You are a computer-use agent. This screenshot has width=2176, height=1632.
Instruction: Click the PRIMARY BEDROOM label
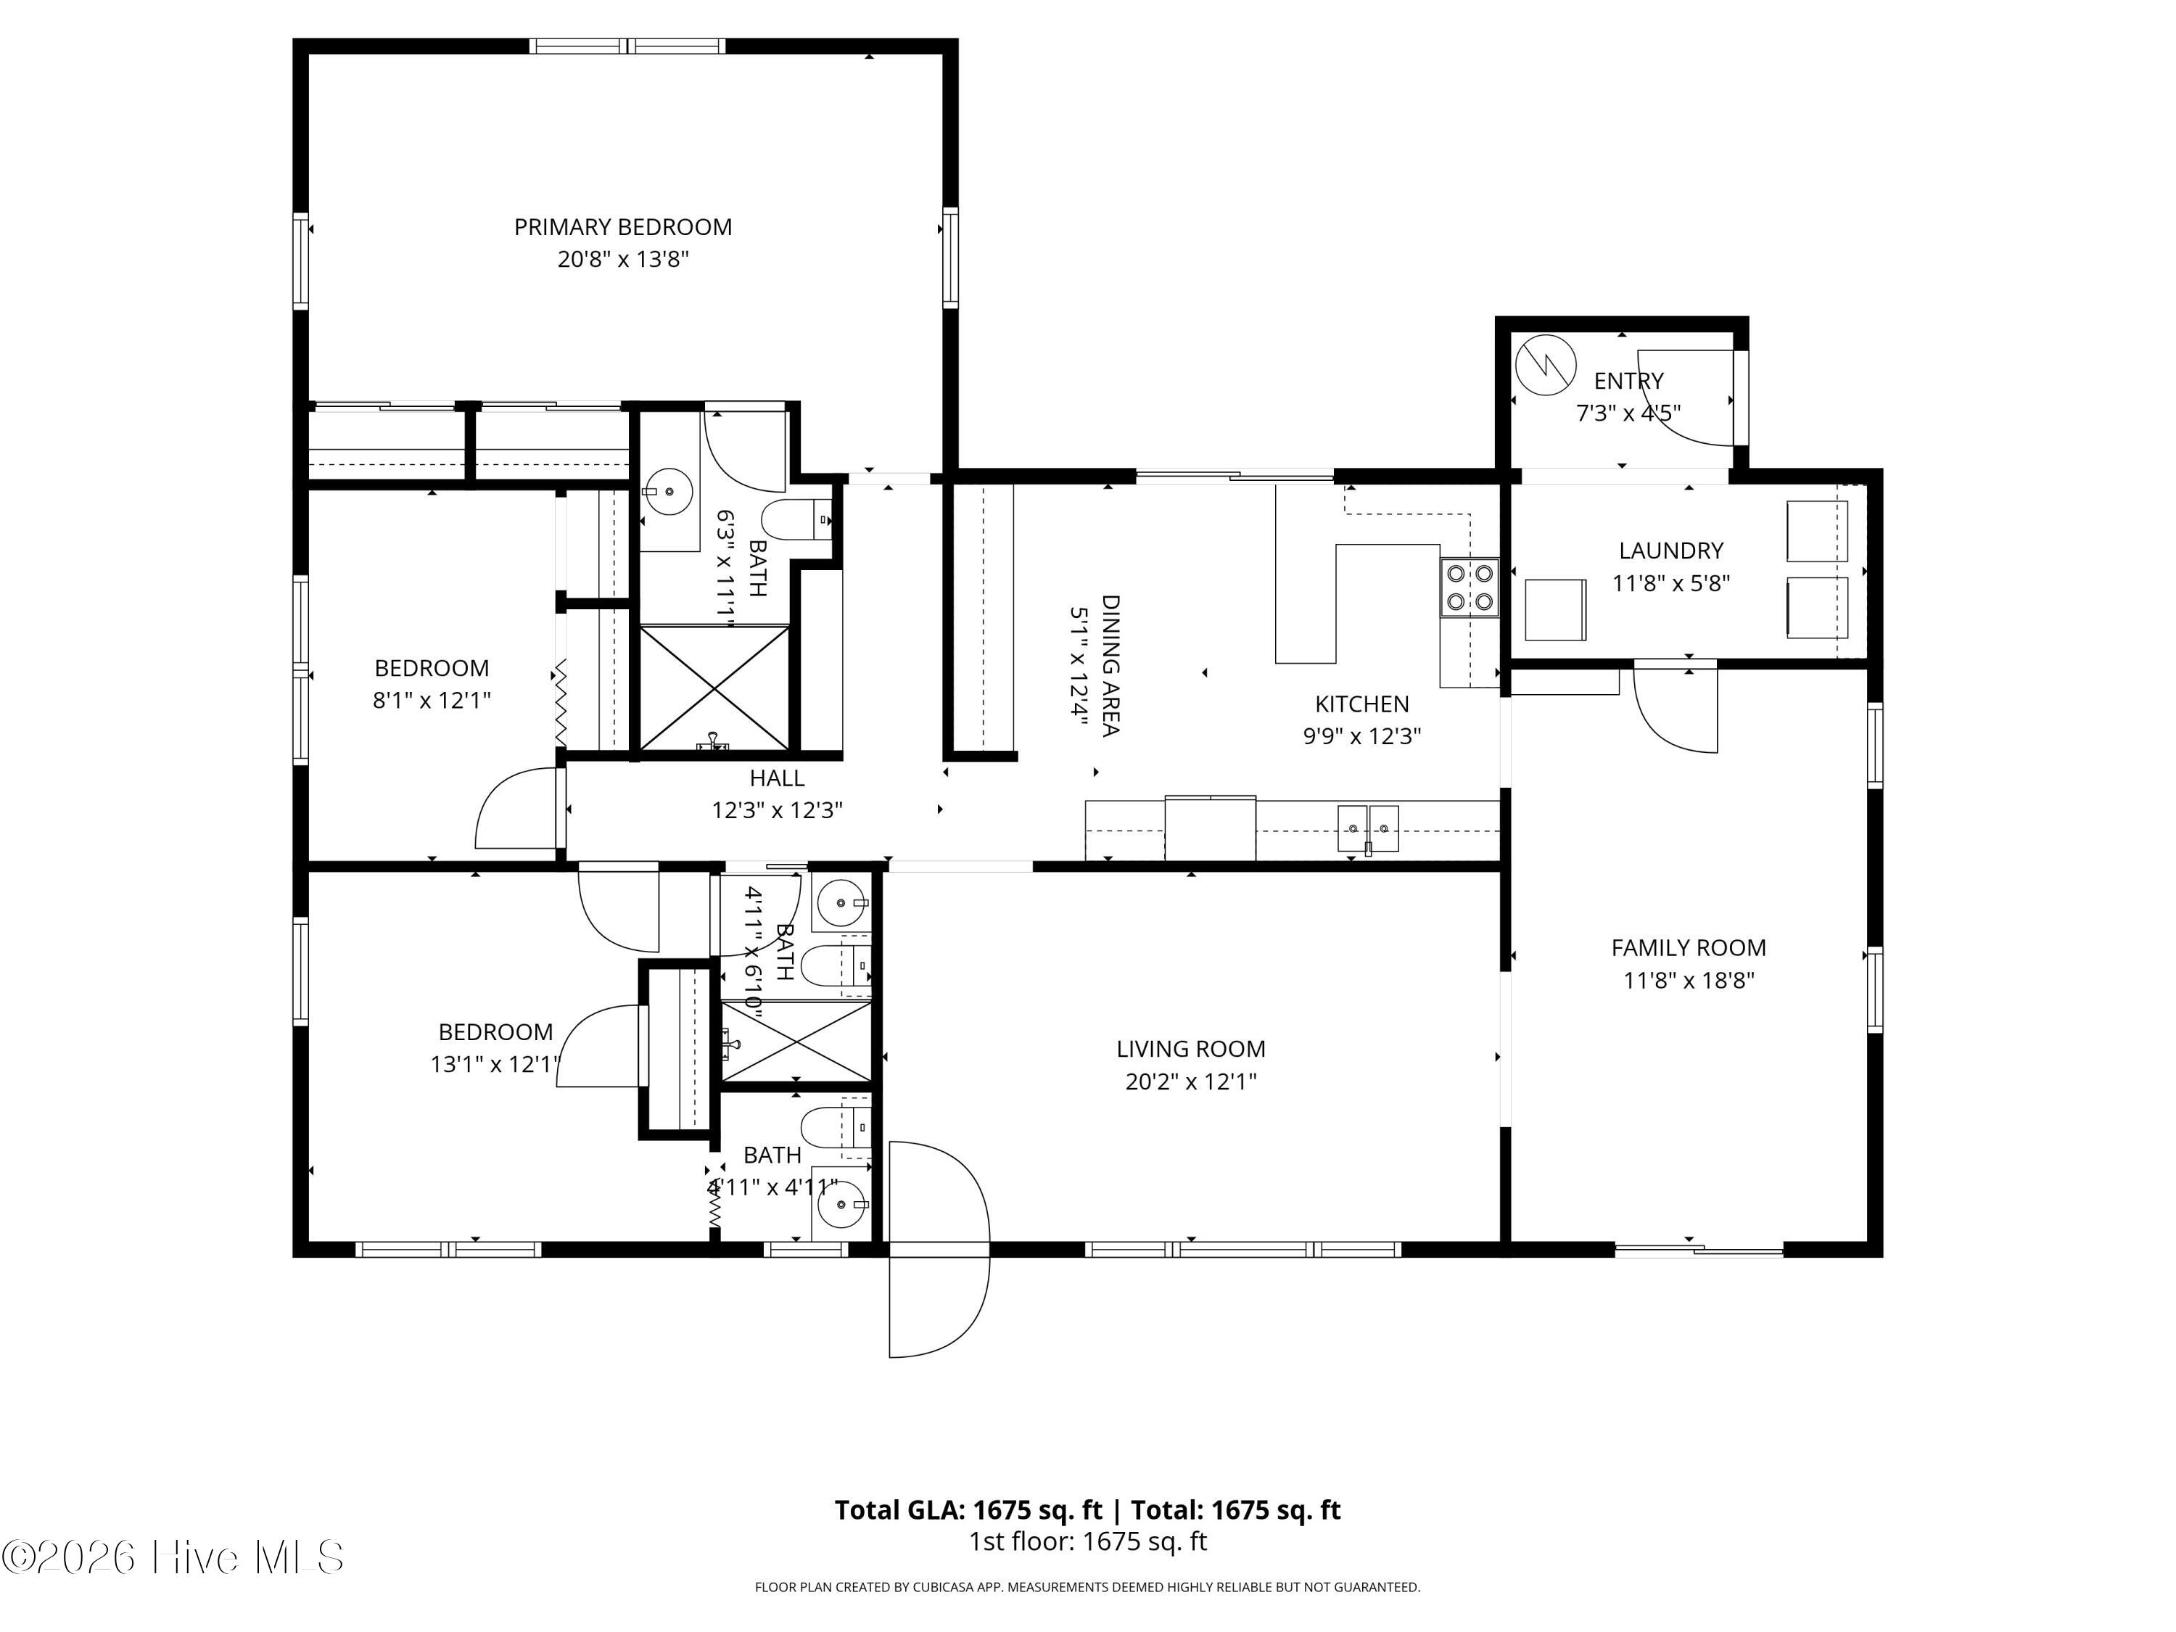622,227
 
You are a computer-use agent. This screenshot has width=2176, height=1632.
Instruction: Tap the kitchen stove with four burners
1470,588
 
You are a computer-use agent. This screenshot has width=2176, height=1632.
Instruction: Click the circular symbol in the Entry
1546,366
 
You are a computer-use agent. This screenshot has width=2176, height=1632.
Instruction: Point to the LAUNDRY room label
1670,551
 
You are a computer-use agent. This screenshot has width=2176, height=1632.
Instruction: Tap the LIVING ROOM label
1190,1050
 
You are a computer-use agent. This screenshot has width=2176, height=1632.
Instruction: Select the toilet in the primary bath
797,519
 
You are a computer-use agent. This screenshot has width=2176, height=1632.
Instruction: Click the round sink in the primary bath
669,491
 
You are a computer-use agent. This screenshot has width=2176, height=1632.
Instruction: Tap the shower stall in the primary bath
714,688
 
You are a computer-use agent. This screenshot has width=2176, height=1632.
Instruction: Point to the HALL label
777,778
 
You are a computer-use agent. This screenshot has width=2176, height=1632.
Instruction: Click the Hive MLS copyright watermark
173,1557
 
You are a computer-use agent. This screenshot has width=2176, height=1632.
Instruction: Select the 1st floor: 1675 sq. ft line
1088,1541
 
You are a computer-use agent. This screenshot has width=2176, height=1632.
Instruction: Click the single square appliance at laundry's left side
1555,610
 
